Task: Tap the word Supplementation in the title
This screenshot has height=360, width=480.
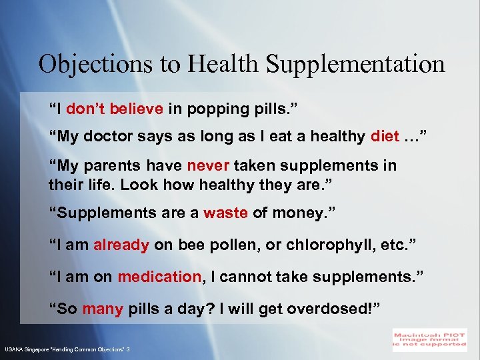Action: click(355, 65)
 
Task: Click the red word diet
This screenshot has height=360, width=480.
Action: click(385, 137)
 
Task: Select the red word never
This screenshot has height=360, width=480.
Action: click(209, 165)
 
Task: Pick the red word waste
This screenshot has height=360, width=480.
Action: click(225, 213)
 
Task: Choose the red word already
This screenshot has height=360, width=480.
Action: click(121, 245)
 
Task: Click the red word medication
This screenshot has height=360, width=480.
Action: click(159, 276)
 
